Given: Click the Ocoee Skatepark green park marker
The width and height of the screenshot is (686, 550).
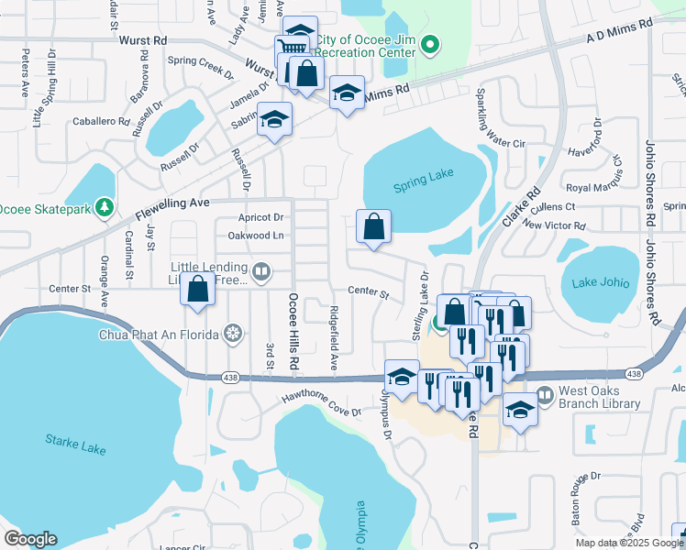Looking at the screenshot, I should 105,209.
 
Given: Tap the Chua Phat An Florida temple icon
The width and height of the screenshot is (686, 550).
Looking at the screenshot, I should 234,334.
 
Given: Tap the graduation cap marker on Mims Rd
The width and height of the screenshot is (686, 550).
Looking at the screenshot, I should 348,93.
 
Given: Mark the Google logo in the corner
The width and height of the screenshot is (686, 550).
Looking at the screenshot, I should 30,538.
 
